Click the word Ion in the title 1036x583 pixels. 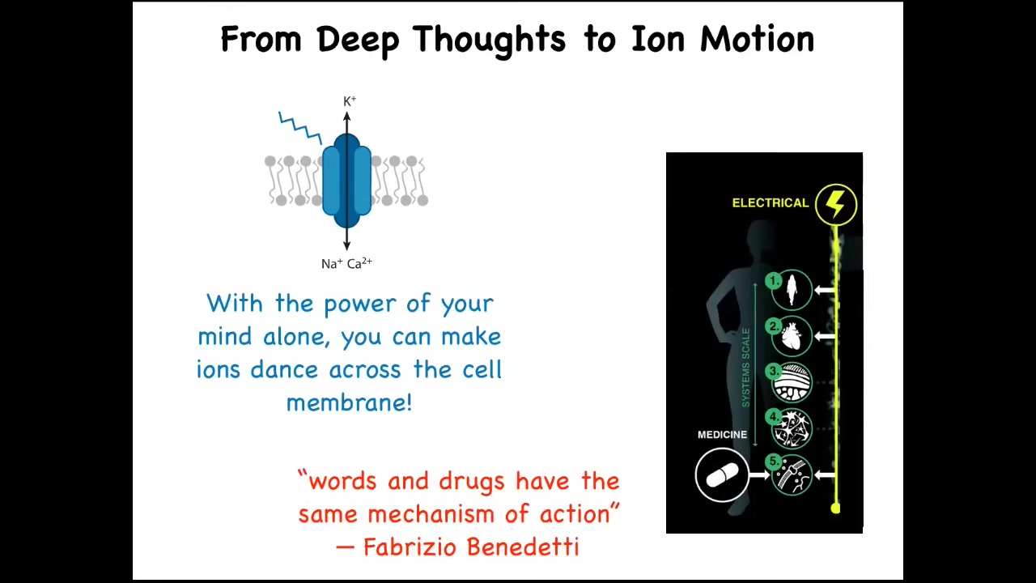(658, 39)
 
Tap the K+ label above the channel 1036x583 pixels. (350, 101)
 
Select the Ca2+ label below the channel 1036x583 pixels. (360, 263)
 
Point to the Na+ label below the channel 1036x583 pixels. (332, 264)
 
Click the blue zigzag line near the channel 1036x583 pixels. (300, 128)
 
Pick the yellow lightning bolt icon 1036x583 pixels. (836, 204)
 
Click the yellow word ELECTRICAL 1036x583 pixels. (770, 202)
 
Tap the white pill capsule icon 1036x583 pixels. (721, 474)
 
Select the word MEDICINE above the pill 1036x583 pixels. (722, 435)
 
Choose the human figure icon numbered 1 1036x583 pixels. (792, 290)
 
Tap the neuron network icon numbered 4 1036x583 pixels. (792, 429)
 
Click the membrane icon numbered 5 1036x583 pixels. (792, 475)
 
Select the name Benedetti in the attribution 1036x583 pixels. (523, 547)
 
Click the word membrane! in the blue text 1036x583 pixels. (349, 402)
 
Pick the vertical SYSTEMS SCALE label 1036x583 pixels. (745, 368)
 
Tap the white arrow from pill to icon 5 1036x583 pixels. (760, 475)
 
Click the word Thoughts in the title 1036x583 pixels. (489, 40)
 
